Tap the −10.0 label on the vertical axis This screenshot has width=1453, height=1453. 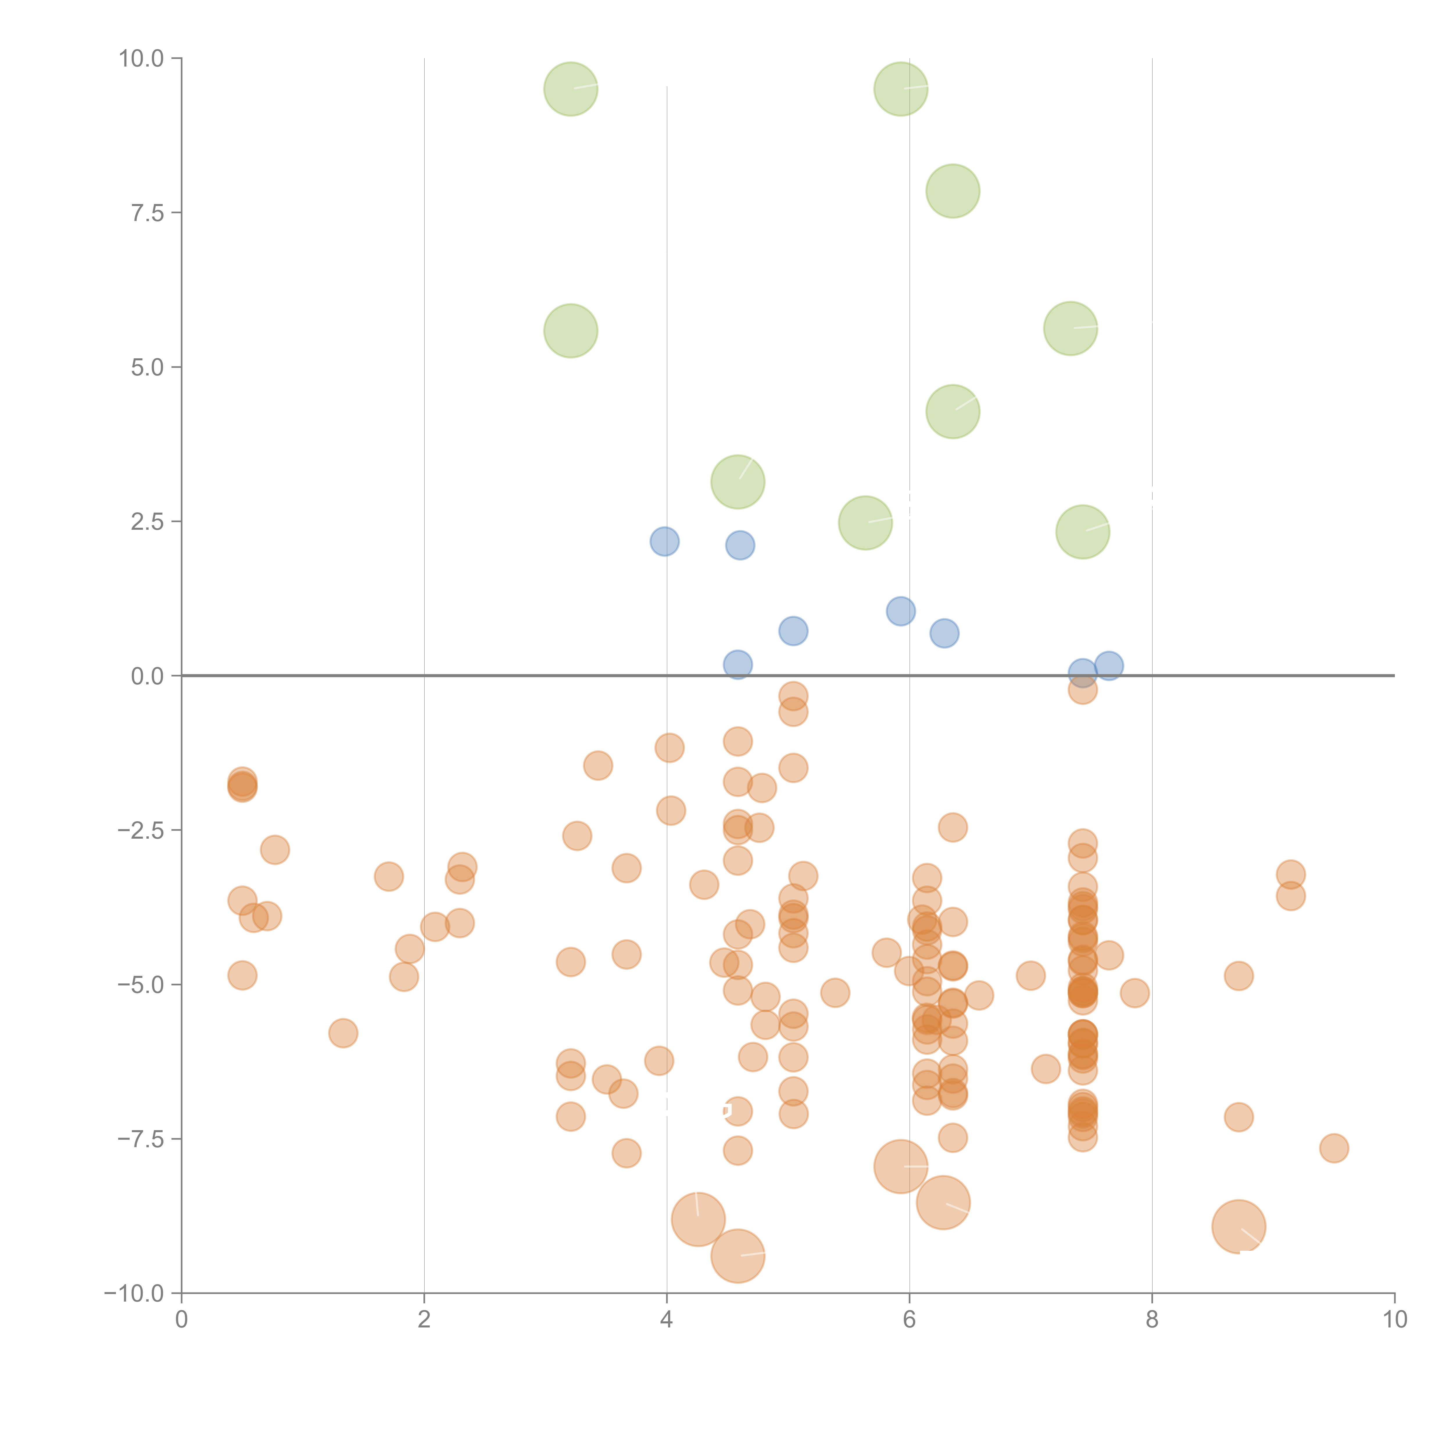point(134,1293)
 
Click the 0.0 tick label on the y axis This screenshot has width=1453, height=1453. point(147,676)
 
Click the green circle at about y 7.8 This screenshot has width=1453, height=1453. point(953,191)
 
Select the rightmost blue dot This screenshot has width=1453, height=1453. point(1109,665)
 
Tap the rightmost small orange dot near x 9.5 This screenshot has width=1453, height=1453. point(1334,1148)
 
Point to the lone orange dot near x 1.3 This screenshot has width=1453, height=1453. point(343,1033)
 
